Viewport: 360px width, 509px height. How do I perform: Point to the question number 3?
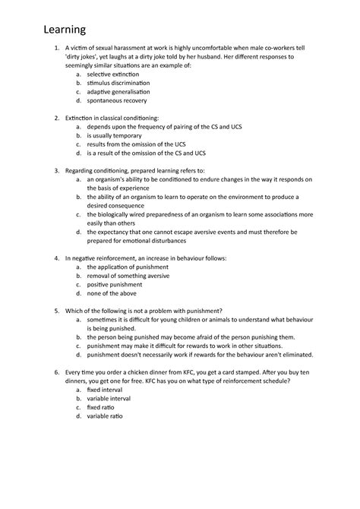[48, 172]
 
